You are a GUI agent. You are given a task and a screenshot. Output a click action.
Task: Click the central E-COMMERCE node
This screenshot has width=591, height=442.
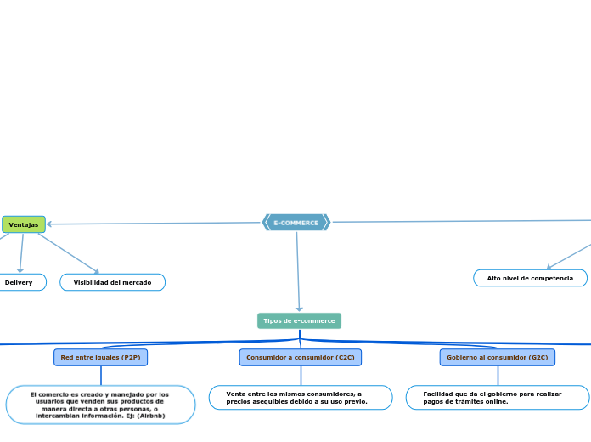pos(296,223)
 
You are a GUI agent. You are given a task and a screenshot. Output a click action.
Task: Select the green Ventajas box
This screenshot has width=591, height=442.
pos(24,224)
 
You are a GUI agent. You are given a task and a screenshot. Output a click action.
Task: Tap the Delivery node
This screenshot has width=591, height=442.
pos(19,282)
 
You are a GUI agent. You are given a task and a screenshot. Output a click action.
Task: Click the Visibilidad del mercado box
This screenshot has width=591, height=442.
pos(112,282)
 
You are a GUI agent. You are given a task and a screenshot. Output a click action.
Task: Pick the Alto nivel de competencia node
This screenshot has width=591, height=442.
pos(530,278)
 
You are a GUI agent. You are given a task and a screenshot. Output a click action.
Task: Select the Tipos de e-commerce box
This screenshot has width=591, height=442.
pos(299,320)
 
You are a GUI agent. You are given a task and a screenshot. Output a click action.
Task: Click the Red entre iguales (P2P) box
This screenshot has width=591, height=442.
pos(101,358)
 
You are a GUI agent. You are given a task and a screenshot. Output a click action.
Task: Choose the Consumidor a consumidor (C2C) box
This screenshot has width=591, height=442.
pos(301,358)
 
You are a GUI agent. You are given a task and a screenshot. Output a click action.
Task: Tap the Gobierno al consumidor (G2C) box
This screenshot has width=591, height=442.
pos(498,358)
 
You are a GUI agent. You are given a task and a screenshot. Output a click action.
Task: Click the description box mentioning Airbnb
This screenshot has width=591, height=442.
pos(100,405)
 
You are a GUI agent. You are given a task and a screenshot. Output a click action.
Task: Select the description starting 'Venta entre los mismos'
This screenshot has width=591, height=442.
pos(301,398)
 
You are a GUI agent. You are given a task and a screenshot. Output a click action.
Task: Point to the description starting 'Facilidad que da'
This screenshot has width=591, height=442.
pos(498,398)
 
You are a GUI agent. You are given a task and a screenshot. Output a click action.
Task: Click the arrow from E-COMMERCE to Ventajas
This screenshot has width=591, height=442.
pos(153,224)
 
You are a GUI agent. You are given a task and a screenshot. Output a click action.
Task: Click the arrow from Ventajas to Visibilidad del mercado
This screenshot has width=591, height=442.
pos(68,253)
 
